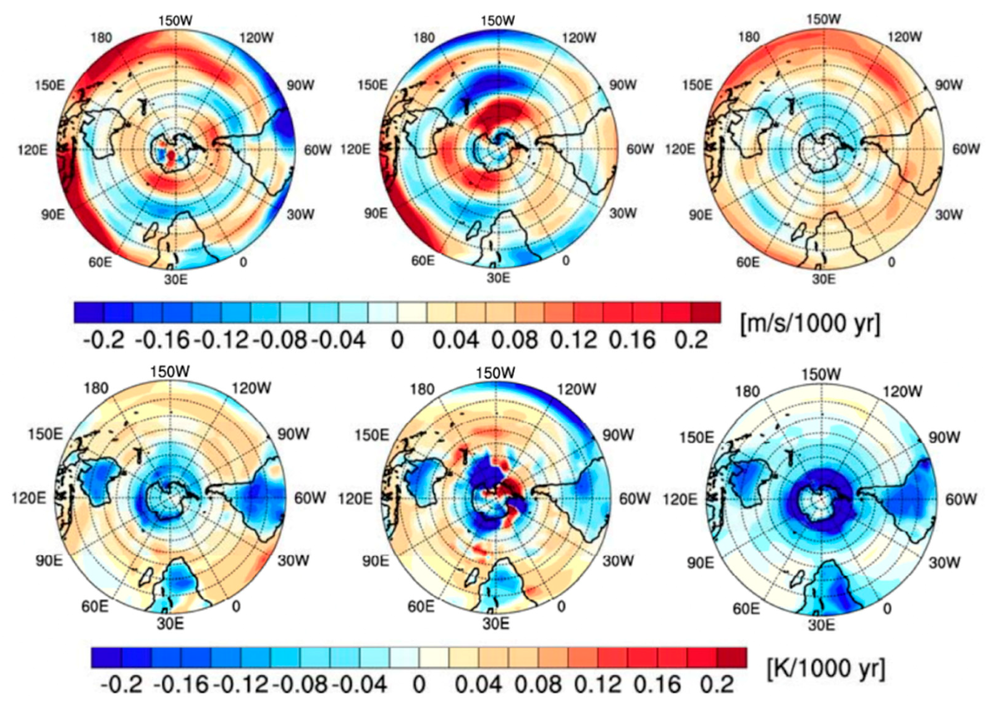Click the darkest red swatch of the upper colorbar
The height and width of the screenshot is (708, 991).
(x=706, y=312)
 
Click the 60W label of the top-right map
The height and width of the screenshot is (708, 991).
(x=966, y=150)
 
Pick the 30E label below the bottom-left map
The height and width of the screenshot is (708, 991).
(x=170, y=624)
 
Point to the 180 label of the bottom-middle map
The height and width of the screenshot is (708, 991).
(x=422, y=389)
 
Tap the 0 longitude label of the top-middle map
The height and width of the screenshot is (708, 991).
(x=566, y=261)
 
